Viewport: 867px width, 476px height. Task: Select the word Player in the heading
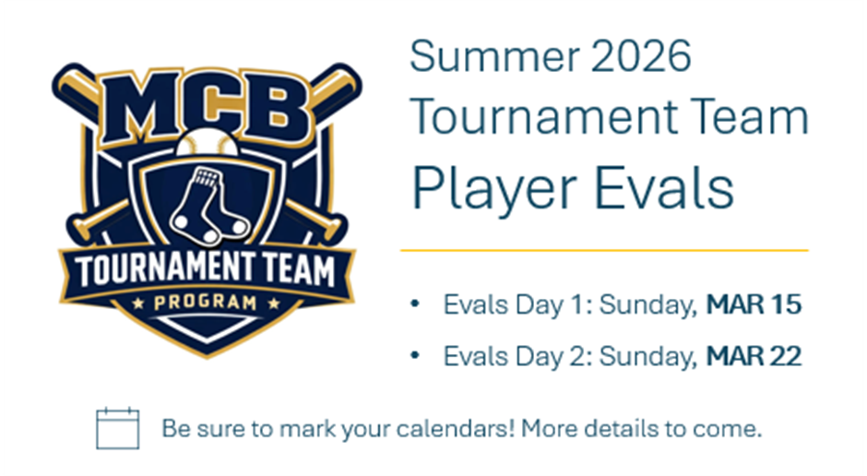(x=494, y=189)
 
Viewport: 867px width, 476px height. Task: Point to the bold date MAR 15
(x=754, y=304)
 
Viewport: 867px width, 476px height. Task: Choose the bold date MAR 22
(x=754, y=356)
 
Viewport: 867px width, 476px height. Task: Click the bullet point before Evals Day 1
(x=415, y=304)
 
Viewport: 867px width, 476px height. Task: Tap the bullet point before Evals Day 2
(x=415, y=355)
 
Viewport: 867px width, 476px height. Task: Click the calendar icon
(x=118, y=428)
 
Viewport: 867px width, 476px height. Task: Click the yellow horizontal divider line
(x=604, y=250)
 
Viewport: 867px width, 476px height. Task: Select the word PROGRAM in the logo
(x=205, y=303)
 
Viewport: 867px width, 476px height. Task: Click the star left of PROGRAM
(x=138, y=303)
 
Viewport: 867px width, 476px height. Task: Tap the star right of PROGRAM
(x=273, y=303)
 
